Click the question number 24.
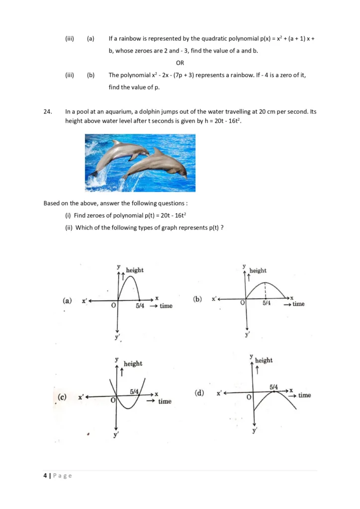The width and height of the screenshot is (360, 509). (47, 112)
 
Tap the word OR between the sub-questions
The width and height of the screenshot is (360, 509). (180, 63)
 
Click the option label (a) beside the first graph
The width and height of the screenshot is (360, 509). (67, 301)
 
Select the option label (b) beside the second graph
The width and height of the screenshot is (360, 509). (197, 299)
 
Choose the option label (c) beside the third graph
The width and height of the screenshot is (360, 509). (62, 397)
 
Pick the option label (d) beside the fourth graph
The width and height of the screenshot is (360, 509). (198, 393)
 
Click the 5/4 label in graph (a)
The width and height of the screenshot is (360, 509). (140, 306)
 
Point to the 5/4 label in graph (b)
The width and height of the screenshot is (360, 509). (267, 303)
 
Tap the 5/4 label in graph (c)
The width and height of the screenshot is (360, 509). (134, 392)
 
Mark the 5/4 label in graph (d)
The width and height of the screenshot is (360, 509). (274, 386)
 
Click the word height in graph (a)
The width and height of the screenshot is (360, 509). (135, 270)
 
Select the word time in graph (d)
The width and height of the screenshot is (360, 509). (304, 395)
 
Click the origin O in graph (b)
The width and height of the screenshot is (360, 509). (243, 303)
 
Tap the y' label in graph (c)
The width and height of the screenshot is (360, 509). (116, 435)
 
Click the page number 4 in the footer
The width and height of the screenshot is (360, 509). (45, 476)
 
